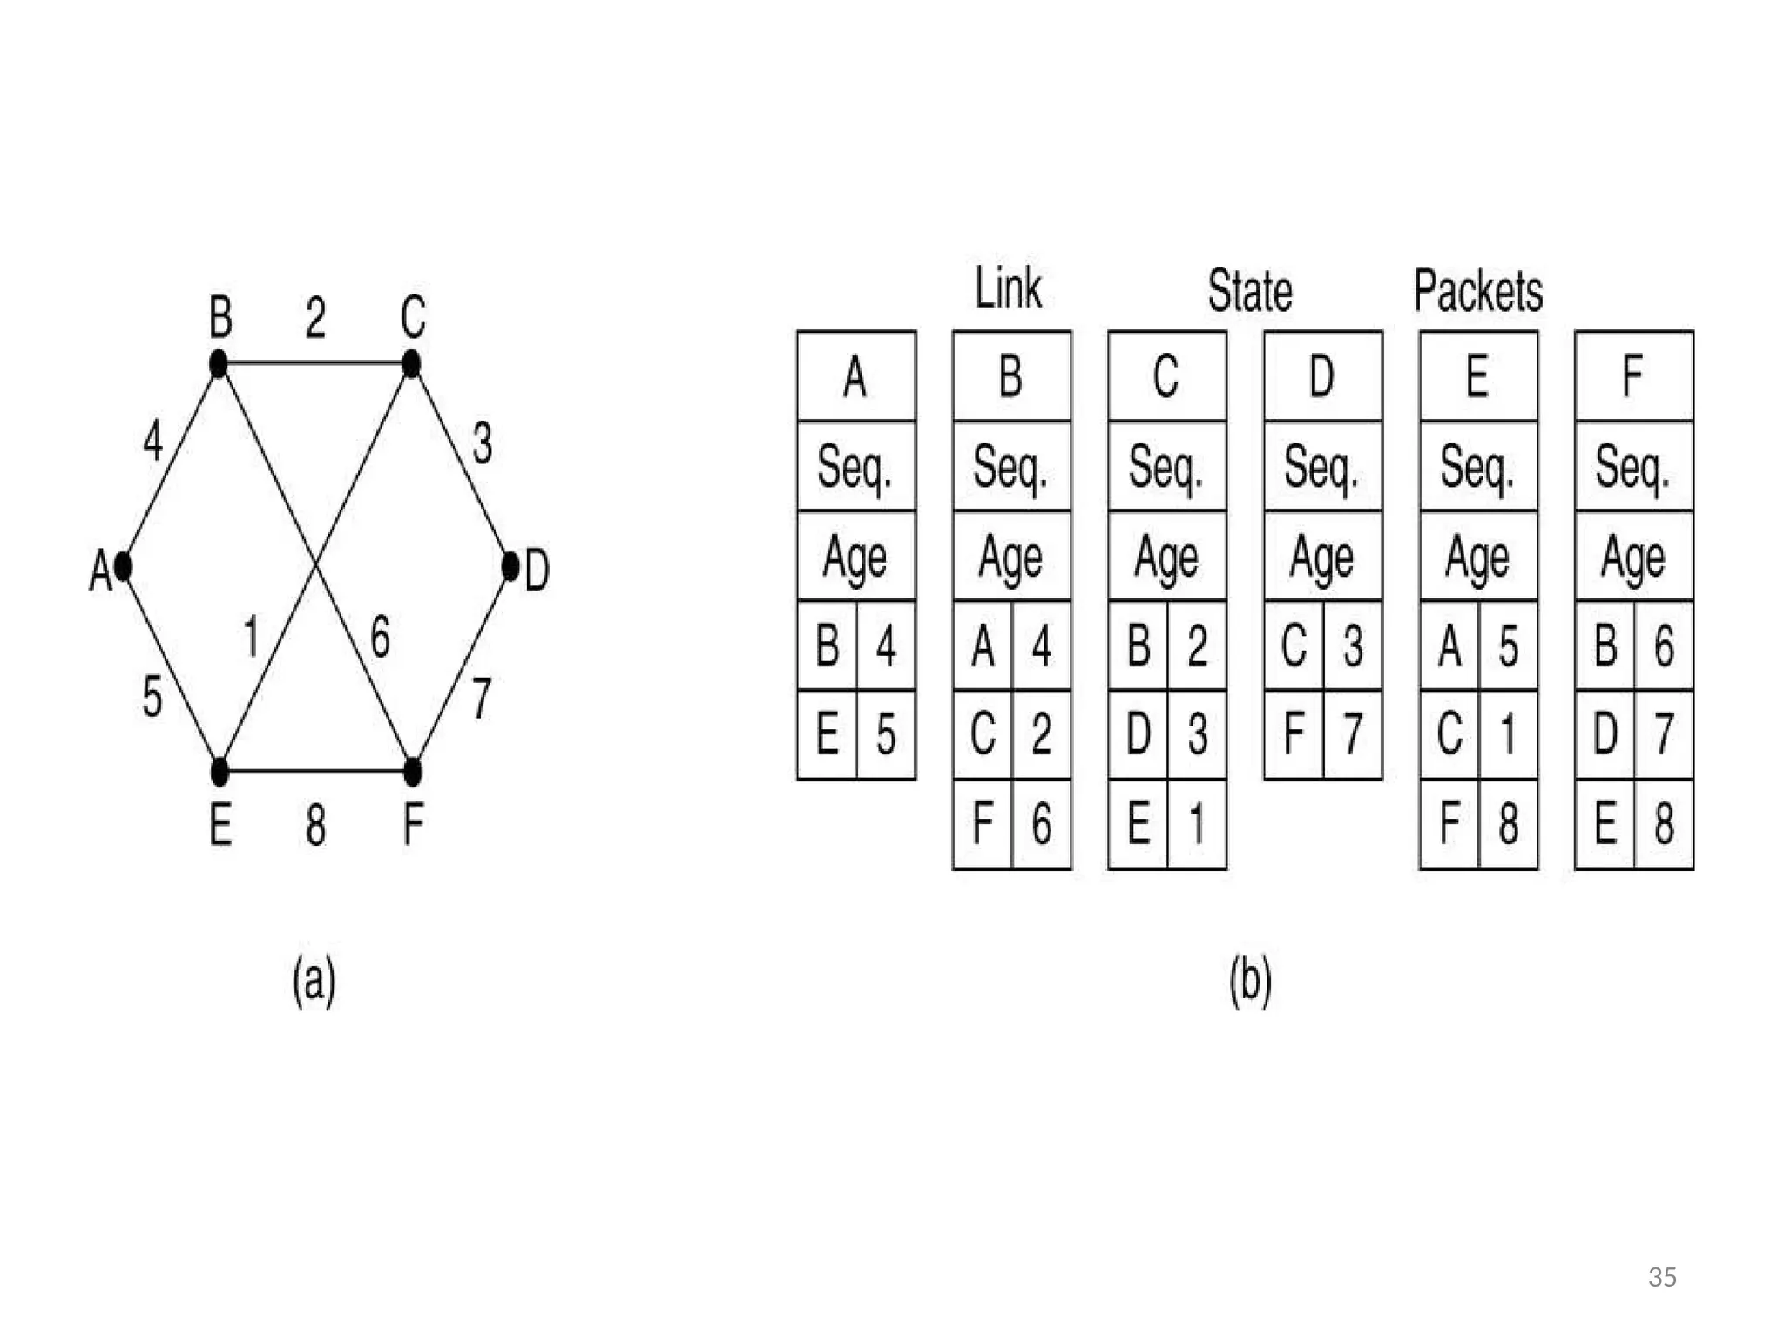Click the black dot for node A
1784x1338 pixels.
[x=123, y=566]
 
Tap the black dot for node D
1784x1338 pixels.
[x=511, y=566]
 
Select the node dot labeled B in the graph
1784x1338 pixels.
[x=219, y=363]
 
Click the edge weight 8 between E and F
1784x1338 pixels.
[x=315, y=824]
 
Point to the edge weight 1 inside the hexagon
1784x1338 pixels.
[x=252, y=636]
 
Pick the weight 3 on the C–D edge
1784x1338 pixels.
[x=482, y=443]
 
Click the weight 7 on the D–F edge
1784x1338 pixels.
[x=482, y=698]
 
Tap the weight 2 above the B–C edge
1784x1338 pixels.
[x=315, y=318]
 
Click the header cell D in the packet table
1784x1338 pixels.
[x=1322, y=376]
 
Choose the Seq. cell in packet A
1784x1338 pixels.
[x=855, y=467]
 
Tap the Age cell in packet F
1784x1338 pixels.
[x=1633, y=557]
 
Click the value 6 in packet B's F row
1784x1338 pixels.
[x=1042, y=823]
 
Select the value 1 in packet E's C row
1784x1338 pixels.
[x=1509, y=733]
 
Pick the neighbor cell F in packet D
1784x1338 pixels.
[x=1294, y=733]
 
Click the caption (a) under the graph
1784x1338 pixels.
[x=314, y=982]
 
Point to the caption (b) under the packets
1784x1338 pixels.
[x=1250, y=982]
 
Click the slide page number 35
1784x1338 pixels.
[x=1662, y=1277]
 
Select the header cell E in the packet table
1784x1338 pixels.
[x=1477, y=376]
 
